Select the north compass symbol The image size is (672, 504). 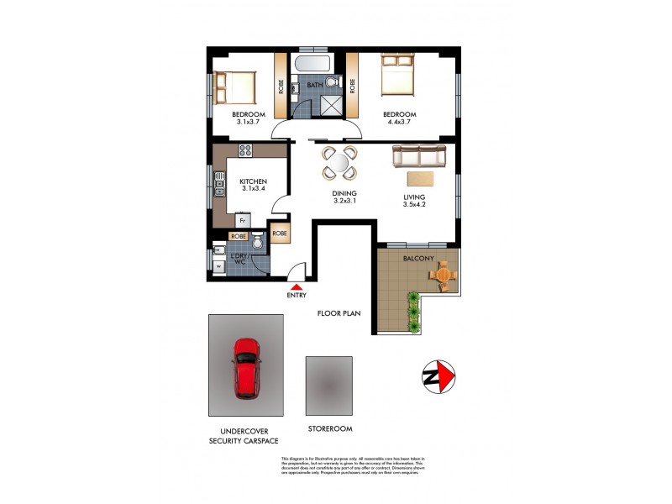click(x=437, y=374)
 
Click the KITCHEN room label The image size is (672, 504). click(x=253, y=181)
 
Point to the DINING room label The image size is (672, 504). click(x=345, y=192)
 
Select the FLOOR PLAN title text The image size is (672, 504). click(x=339, y=314)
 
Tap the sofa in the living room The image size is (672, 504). click(x=420, y=155)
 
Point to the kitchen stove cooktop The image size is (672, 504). click(x=246, y=151)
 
